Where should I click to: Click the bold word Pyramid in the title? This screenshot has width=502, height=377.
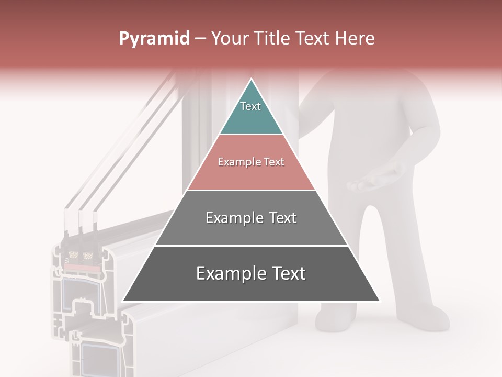[x=154, y=39]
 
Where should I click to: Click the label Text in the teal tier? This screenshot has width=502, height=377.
[x=250, y=106]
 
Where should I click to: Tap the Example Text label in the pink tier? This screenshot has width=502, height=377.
[x=251, y=162]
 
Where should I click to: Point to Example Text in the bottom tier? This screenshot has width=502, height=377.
[x=251, y=273]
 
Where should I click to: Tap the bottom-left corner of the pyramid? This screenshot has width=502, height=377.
[x=123, y=301]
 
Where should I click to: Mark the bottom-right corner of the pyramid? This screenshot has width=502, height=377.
[x=379, y=301]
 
